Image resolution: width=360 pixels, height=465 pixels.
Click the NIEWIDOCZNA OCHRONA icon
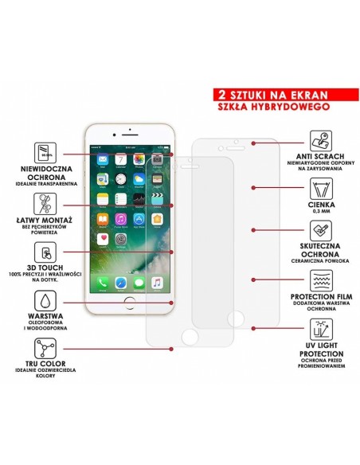[x=45, y=151]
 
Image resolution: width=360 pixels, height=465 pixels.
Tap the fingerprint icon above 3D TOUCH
[x=45, y=252]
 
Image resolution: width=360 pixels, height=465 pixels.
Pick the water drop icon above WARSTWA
[x=45, y=301]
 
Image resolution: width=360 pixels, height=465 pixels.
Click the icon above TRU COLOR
[x=45, y=349]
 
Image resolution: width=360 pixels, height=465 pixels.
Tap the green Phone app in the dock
[x=102, y=282]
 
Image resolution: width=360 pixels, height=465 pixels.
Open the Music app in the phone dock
[x=157, y=282]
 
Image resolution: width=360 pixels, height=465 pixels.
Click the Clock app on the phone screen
[x=120, y=178]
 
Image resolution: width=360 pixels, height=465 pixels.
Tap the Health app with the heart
[x=102, y=238]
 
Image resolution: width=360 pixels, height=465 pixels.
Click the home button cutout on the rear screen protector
[x=237, y=318]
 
